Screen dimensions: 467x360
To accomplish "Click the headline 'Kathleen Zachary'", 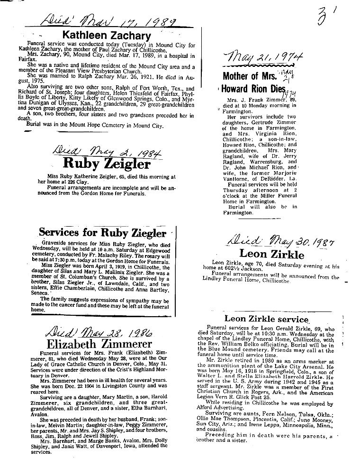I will click(107, 36).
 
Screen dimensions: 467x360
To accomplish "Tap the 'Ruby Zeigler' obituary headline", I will click(107, 164).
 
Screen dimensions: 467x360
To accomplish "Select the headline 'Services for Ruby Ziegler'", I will click(102, 233).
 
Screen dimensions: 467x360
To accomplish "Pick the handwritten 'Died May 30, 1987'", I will click(282, 242).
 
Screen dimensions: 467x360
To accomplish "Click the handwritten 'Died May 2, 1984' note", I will click(108, 152).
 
